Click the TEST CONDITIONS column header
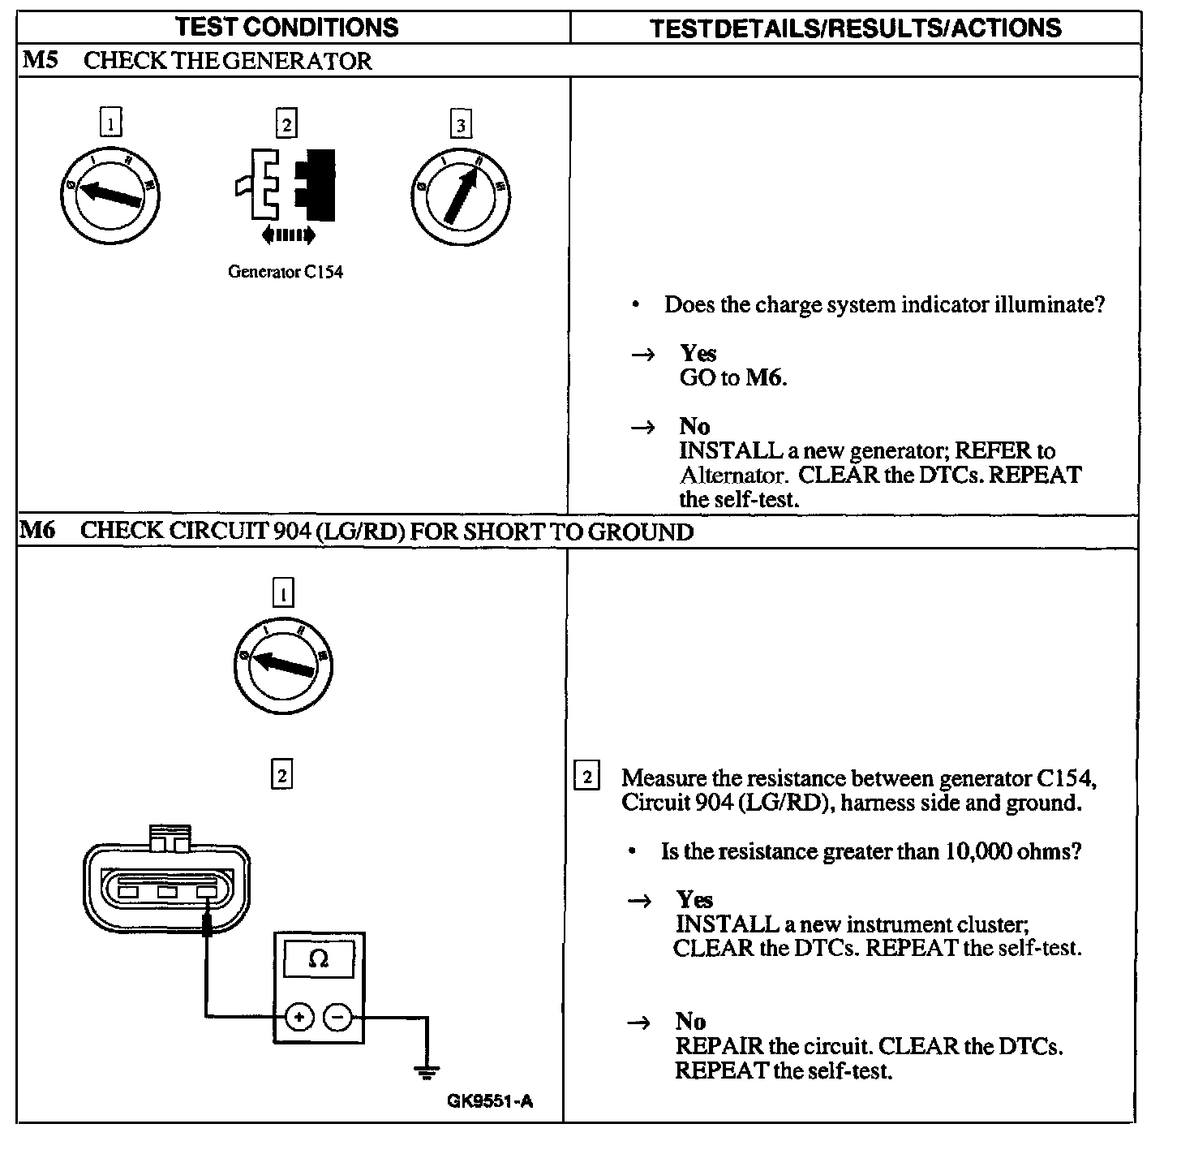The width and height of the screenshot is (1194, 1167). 287,27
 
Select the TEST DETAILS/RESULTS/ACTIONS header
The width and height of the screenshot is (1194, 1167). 856,28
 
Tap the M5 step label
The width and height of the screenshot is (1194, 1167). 40,60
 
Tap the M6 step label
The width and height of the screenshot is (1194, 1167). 37,531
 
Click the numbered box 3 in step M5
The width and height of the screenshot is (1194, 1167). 461,125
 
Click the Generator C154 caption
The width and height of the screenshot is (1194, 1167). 286,273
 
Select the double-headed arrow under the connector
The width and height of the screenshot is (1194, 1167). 288,235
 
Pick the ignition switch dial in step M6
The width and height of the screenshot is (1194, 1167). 283,665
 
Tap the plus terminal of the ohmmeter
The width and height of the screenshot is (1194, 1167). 299,1016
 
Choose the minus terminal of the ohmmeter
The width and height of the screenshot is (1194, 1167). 338,1016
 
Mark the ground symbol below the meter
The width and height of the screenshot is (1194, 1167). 426,1071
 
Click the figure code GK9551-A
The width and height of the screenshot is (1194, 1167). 490,1101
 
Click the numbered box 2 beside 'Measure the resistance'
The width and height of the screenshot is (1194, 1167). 586,777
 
